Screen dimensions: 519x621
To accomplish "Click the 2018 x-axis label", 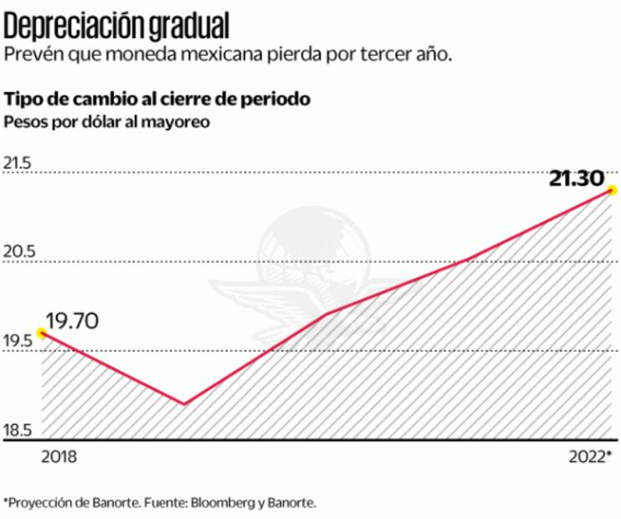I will pyautogui.click(x=59, y=456).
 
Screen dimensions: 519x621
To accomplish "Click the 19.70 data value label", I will pyautogui.click(x=73, y=320).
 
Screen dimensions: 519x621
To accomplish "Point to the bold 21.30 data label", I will pyautogui.click(x=577, y=177).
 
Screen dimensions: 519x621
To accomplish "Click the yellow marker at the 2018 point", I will pyautogui.click(x=42, y=332).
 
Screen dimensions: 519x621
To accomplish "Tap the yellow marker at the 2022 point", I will pyautogui.click(x=613, y=190).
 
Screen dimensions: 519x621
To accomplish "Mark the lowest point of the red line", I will pyautogui.click(x=183, y=403).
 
